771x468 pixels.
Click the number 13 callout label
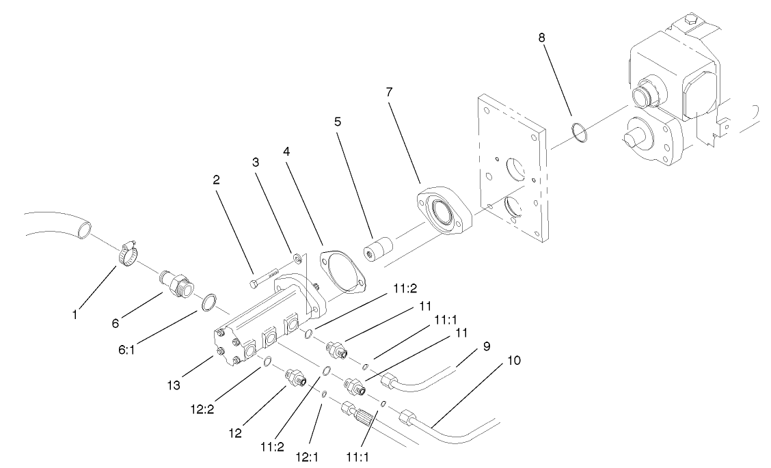click(174, 386)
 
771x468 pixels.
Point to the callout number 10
click(514, 359)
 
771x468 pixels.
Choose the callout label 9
click(486, 346)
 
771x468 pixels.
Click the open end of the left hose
click(82, 230)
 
